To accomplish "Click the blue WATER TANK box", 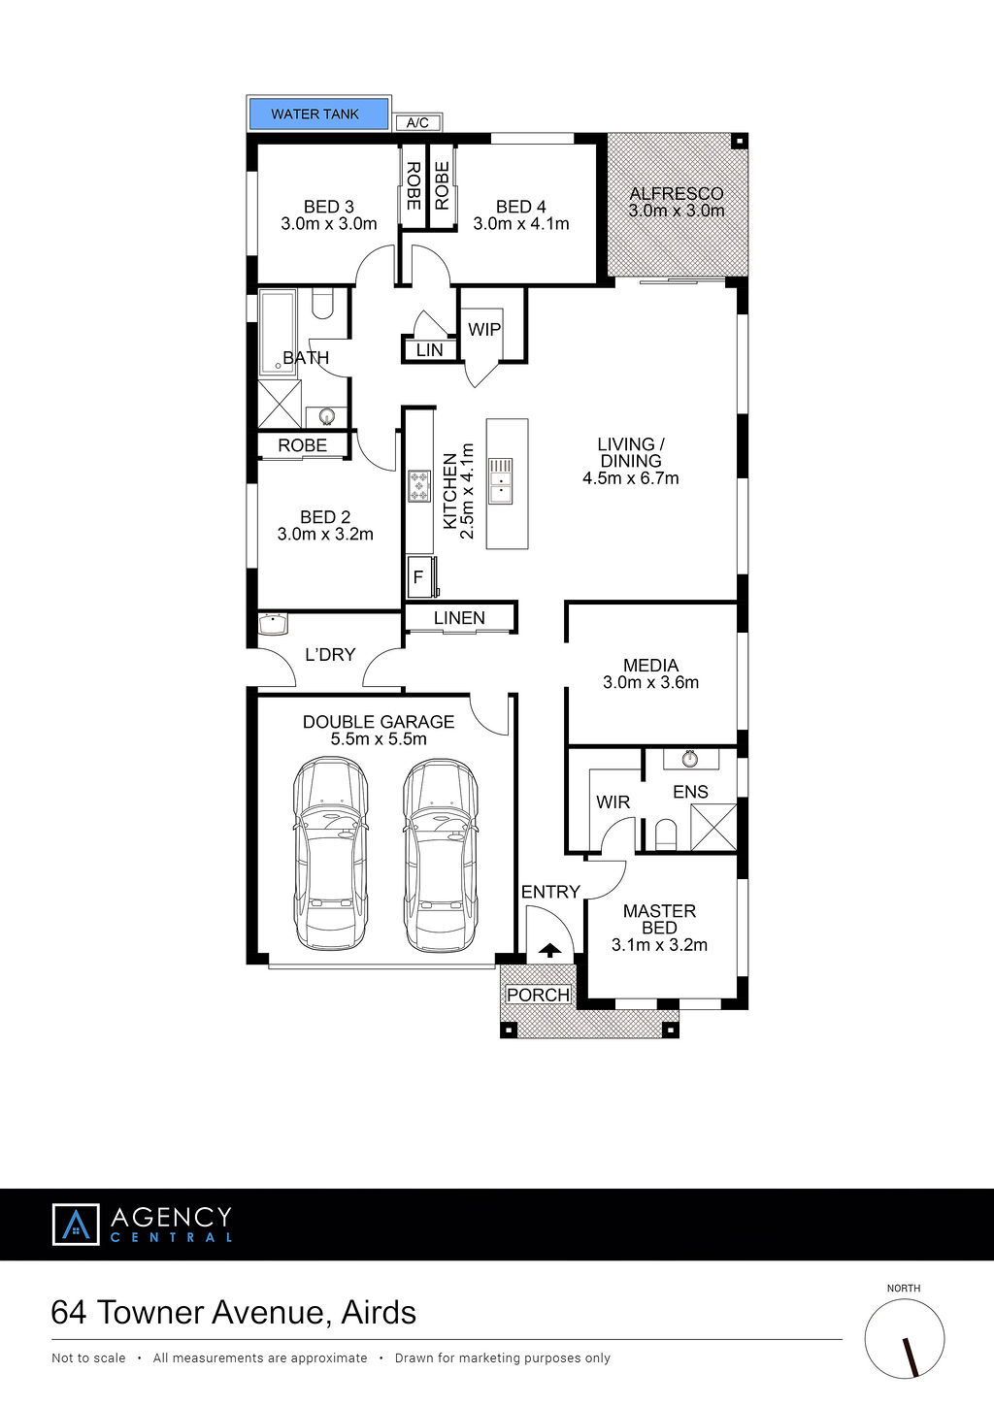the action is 319,114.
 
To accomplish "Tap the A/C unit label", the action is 417,122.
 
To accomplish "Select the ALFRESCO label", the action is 677,194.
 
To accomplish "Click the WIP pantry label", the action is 484,330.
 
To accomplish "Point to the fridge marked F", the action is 419,576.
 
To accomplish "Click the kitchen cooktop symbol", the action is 419,486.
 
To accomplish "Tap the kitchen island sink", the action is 501,481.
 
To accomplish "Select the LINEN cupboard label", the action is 459,618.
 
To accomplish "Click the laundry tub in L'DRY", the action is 273,624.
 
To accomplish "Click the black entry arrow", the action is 550,950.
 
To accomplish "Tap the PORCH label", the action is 538,995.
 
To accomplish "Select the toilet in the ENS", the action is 666,834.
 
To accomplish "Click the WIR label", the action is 613,802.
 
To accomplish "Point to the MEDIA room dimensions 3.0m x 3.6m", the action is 650,682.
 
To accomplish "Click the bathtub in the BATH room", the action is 278,333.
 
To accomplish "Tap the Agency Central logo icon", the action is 76,1224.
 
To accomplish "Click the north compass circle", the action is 904,1339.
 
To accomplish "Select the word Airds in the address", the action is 379,1313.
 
